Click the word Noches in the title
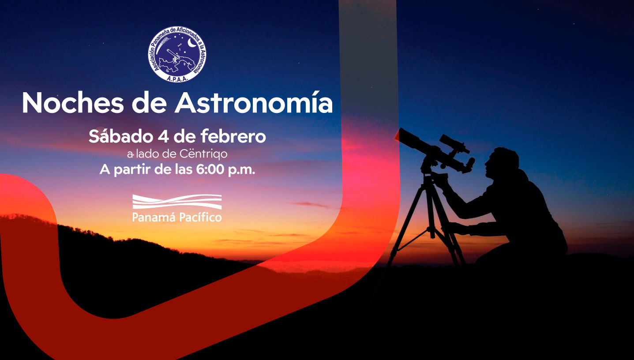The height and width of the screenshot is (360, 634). click(73, 103)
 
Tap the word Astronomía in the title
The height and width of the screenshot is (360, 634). click(254, 102)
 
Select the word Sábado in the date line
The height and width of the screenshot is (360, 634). click(121, 136)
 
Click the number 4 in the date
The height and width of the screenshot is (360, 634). click(163, 136)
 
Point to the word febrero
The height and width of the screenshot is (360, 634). click(233, 136)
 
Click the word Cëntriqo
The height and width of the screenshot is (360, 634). click(203, 154)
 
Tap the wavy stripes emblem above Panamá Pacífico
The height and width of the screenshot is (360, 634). click(177, 202)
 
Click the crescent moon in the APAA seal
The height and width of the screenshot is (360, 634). click(192, 43)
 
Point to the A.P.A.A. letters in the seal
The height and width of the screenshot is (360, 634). click(177, 79)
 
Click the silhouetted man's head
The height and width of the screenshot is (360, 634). click(502, 162)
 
